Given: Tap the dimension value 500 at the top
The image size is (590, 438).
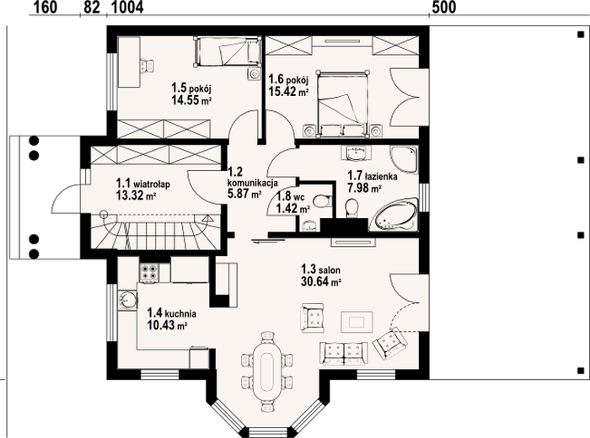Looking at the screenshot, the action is coord(443,7).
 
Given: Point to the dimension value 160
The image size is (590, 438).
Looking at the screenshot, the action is coord(46,7).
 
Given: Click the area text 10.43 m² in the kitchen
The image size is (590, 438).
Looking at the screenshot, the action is coord(168,325).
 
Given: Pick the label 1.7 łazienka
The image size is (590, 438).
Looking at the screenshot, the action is coord(373,175).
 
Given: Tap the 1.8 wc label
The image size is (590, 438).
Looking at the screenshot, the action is coord(290,196).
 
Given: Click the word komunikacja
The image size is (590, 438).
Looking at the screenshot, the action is coord(253,183).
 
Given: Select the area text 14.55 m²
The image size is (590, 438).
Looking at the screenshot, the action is coord(191,100).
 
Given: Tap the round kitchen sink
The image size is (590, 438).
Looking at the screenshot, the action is coord(127,300).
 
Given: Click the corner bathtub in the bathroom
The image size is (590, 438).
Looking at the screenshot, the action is coord(394,215).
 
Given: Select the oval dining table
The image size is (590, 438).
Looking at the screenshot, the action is coord(267,371).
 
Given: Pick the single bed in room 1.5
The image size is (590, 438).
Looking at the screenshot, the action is coord(228,52).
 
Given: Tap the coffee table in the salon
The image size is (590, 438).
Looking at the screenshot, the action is coord(357,322).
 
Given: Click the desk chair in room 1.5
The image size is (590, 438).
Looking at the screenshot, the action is coord(147,67).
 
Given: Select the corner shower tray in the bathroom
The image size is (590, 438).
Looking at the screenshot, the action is coord(404,160).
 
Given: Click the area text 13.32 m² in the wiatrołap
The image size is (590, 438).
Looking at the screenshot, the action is coord(137,195).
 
